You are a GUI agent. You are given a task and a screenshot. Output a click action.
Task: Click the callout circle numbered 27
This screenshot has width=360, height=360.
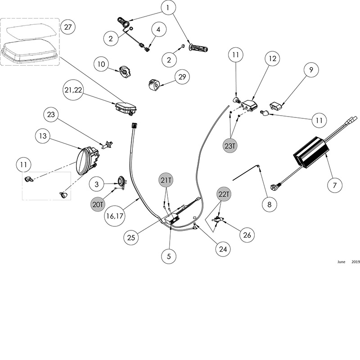pos(67,27)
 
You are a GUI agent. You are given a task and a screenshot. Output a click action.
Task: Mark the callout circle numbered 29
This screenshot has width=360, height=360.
pos(182,77)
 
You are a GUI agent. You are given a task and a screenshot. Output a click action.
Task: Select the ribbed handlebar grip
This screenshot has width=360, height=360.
pos(198,47)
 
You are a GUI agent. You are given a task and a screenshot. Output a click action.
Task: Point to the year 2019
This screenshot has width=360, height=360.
pos(355,261)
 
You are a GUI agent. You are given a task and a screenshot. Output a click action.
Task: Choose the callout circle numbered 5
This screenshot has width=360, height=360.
pos(169,256)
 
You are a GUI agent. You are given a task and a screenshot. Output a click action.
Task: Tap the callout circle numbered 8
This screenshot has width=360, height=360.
pos(269,204)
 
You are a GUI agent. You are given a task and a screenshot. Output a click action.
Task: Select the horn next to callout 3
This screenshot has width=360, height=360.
pos(120,181)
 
